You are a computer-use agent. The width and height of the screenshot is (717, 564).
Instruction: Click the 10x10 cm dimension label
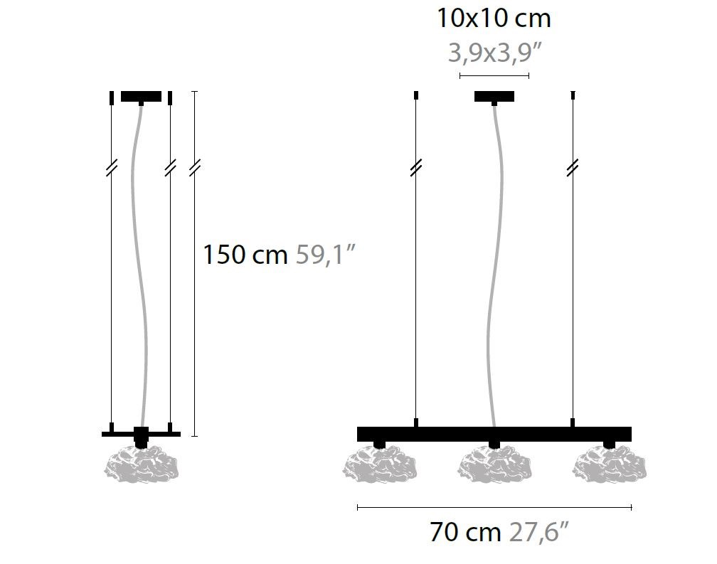coord(494,18)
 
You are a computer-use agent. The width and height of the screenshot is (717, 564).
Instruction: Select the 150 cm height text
coord(245,254)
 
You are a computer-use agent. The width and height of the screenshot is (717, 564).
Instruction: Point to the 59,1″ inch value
coord(325,254)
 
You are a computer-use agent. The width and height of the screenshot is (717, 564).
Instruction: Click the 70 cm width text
coord(465,531)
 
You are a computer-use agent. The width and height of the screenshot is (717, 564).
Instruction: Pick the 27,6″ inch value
coord(538,531)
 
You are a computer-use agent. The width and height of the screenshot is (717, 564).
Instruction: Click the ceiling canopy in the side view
coord(141,97)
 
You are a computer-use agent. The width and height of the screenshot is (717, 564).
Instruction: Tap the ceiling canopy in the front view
coord(494,97)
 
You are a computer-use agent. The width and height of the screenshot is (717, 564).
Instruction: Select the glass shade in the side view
coord(141,464)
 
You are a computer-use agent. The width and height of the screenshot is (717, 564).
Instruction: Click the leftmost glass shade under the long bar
coord(380,464)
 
